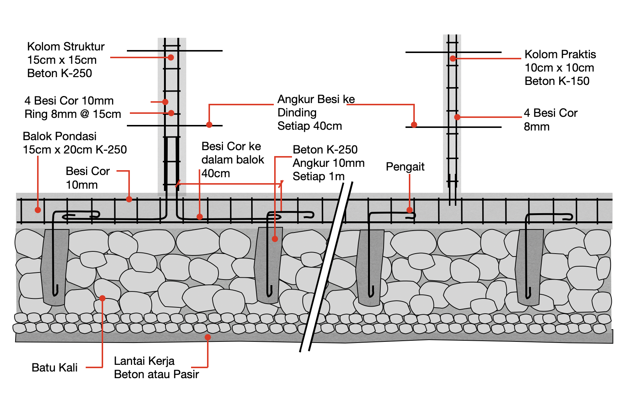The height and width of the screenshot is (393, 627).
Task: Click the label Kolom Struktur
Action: coord(66,47)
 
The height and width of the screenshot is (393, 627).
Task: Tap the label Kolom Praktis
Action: coord(560,55)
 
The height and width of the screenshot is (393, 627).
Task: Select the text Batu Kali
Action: coord(55,367)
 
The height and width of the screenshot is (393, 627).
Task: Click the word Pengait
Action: coord(405,167)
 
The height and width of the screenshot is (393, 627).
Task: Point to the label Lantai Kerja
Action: coord(144,361)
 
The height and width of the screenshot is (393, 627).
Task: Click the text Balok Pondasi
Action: coord(59,136)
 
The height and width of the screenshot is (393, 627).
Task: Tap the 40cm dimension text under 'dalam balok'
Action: coord(216,173)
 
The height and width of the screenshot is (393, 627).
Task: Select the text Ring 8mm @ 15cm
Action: coord(73,114)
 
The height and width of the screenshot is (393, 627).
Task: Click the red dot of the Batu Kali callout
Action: coord(102,298)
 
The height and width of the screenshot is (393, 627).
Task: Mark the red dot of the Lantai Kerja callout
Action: coord(208,337)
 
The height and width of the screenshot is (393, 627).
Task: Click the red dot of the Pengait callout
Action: coord(410,210)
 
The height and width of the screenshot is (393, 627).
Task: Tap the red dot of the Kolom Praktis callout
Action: coord(453,58)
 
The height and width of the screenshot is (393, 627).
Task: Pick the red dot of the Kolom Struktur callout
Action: coord(171,57)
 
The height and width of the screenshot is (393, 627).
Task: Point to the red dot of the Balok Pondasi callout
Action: coord(38,210)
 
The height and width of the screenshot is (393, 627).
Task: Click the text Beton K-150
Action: coord(557,81)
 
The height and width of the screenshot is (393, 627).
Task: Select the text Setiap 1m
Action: coord(318,176)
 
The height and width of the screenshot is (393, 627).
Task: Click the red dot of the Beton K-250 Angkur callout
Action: coord(275,239)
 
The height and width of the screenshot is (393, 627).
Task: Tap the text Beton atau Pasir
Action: coord(156,374)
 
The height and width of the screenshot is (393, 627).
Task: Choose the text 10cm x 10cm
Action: coord(559,68)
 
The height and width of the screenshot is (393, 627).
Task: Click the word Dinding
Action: coord(297,113)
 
